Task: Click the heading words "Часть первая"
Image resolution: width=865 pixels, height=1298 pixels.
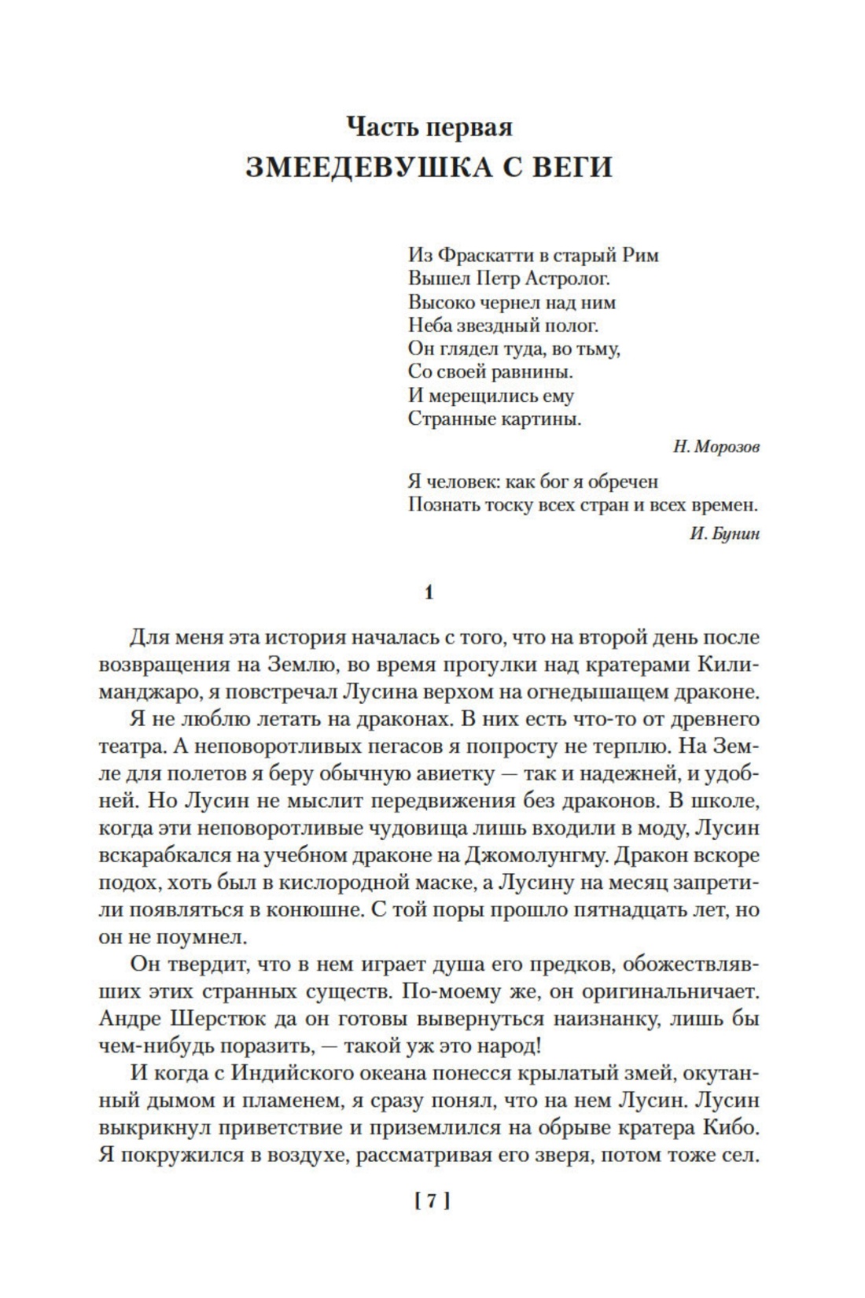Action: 429,127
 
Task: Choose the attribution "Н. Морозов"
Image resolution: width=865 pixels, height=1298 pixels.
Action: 716,447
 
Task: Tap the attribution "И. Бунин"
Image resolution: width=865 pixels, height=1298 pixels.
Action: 724,533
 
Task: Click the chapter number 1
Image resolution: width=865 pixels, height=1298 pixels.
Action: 429,592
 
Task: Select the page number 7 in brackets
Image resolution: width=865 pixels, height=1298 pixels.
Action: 430,1200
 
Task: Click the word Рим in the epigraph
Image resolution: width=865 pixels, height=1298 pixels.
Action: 640,255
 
